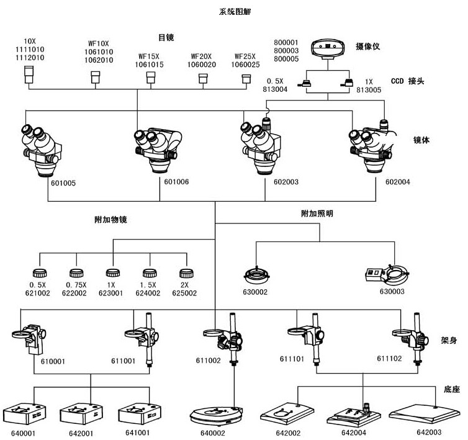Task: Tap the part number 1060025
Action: click(x=245, y=65)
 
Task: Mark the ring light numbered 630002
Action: click(x=257, y=274)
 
